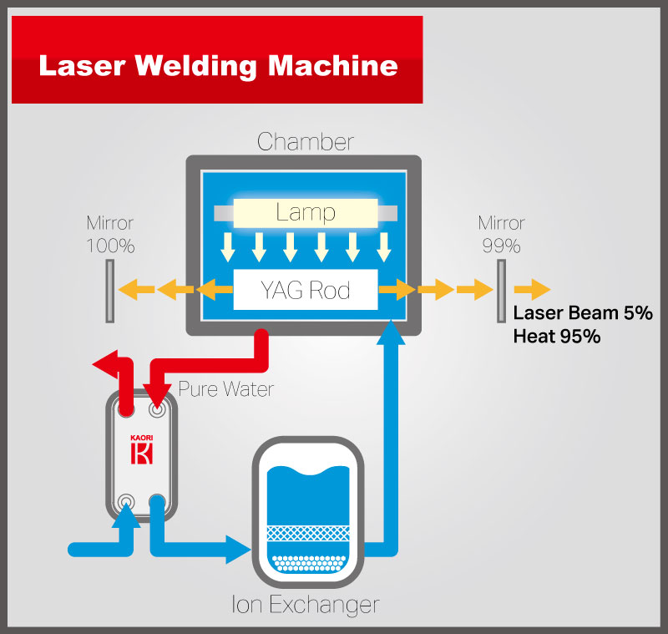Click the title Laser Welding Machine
(x=217, y=66)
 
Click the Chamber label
(x=305, y=142)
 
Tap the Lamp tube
(x=306, y=212)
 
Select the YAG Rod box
(x=306, y=290)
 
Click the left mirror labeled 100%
(x=109, y=290)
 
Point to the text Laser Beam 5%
(x=582, y=314)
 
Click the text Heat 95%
(x=557, y=336)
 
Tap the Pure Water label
(x=225, y=389)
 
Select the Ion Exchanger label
(x=306, y=603)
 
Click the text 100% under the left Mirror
(x=109, y=246)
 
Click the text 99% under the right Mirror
(x=501, y=246)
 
